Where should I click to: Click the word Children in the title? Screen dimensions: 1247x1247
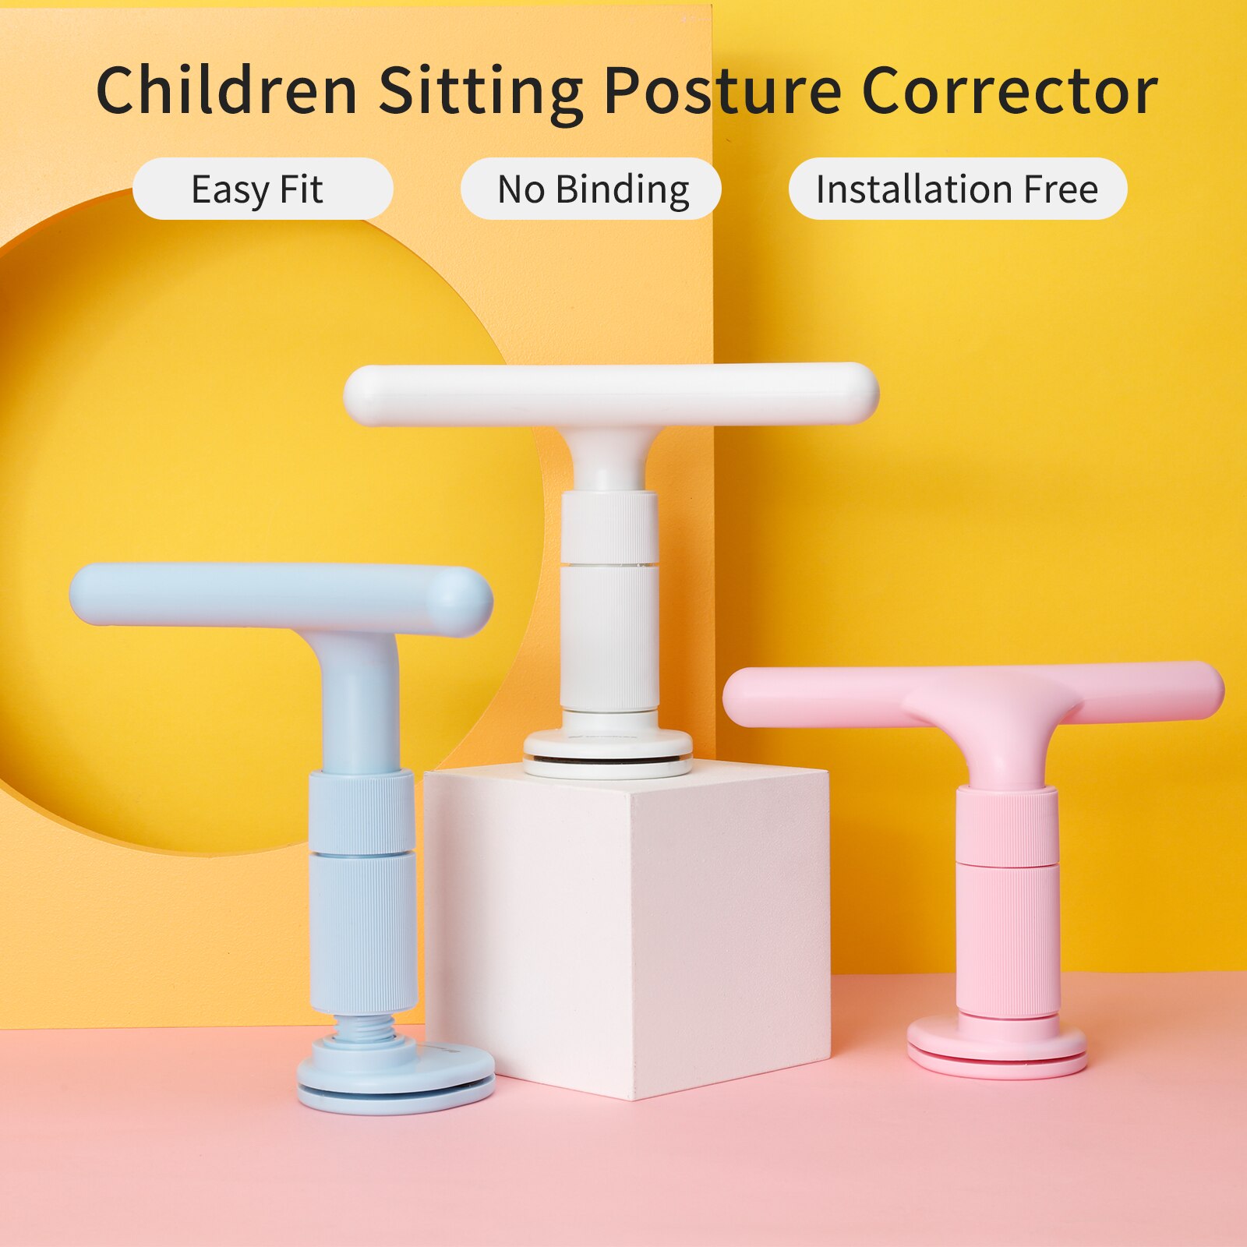(226, 90)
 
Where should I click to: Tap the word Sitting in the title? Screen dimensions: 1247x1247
(480, 92)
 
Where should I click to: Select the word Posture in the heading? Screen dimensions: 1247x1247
(722, 90)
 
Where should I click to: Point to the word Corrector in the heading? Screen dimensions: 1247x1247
(1009, 90)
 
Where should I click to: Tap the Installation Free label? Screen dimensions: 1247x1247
(957, 189)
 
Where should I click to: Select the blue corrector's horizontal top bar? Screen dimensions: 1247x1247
(281, 595)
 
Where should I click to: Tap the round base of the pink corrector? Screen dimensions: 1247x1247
(997, 1048)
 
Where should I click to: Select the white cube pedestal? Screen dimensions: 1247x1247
(627, 927)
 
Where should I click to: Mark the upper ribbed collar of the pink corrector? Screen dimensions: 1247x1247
(1006, 825)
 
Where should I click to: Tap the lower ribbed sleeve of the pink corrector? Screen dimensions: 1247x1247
(1008, 939)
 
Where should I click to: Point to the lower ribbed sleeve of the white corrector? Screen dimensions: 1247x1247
(609, 637)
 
